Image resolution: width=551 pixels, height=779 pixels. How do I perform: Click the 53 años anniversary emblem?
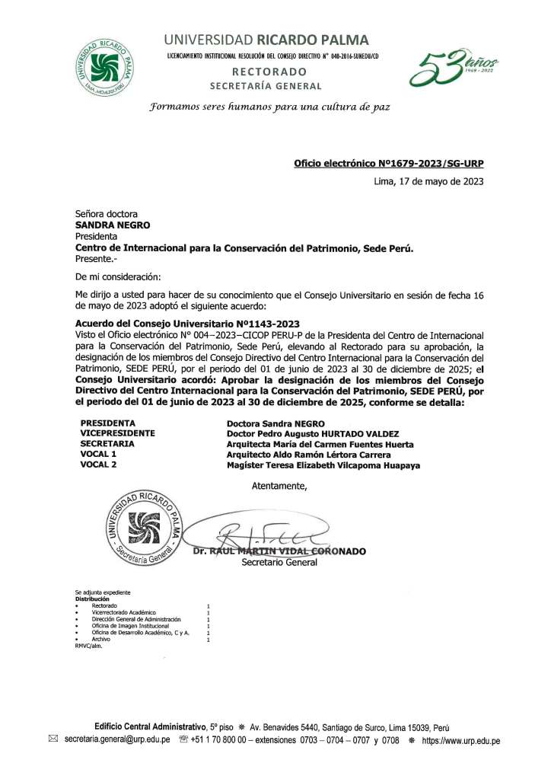454,68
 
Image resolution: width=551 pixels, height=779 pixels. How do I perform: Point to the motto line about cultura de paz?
269,107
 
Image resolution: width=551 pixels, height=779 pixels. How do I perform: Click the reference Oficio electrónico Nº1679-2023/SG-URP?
388,163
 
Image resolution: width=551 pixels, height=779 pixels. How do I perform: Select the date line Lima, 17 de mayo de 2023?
428,181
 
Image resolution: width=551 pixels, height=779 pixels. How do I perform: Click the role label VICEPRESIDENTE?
118,433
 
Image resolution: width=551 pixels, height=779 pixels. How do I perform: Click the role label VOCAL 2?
98,465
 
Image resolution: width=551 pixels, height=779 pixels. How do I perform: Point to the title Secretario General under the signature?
279,563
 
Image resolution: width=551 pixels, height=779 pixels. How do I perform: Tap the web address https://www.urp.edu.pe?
460,739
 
